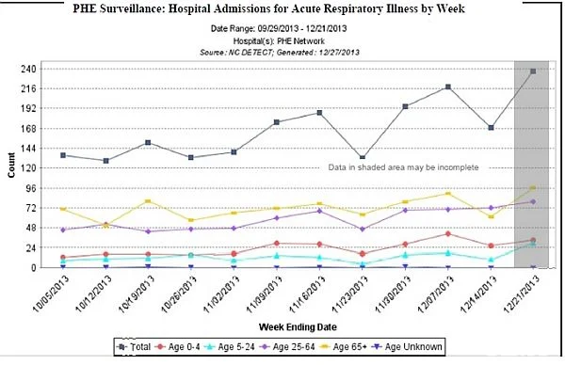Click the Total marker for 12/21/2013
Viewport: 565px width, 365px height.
pyautogui.click(x=533, y=71)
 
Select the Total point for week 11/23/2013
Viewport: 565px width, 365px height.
pyautogui.click(x=363, y=157)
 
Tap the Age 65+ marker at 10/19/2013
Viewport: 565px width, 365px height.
pyautogui.click(x=148, y=201)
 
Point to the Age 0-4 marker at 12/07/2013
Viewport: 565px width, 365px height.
pyautogui.click(x=448, y=234)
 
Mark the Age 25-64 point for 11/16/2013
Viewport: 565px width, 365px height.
pyautogui.click(x=319, y=211)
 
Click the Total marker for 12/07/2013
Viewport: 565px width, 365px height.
pyautogui.click(x=448, y=87)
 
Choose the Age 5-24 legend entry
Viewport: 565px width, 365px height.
pyautogui.click(x=230, y=347)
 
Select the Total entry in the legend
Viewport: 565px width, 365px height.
pyautogui.click(x=134, y=347)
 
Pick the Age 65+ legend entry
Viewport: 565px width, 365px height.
pyautogui.click(x=344, y=347)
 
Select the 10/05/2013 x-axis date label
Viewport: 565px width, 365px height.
pyautogui.click(x=51, y=294)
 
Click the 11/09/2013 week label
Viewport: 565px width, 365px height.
pyautogui.click(x=264, y=294)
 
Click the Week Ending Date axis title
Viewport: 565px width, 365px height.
pyautogui.click(x=298, y=327)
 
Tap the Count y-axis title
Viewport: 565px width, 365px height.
pyautogui.click(x=11, y=165)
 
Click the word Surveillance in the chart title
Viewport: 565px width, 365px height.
pyautogui.click(x=132, y=8)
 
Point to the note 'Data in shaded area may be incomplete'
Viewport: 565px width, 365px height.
pyautogui.click(x=403, y=167)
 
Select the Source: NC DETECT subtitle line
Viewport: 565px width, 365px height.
pyautogui.click(x=280, y=52)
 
